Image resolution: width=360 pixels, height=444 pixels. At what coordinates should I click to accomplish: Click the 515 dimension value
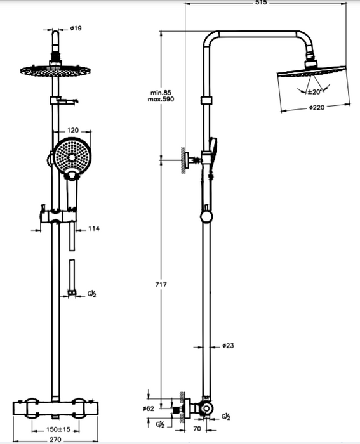click(x=261, y=3)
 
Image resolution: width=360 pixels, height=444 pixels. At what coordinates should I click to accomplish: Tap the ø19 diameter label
click(x=76, y=28)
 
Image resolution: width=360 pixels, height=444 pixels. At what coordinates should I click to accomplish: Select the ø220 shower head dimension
click(x=317, y=107)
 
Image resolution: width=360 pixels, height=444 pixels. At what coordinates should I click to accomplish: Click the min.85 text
click(x=161, y=93)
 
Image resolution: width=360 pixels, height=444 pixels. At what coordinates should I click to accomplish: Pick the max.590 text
click(x=161, y=99)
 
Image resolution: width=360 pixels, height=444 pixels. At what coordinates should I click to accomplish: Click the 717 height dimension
click(x=161, y=284)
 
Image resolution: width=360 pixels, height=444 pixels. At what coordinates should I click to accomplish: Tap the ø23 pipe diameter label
click(x=228, y=346)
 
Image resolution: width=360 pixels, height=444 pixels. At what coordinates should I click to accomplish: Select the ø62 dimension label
click(x=148, y=408)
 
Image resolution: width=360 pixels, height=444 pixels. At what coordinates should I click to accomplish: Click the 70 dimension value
click(x=197, y=429)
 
